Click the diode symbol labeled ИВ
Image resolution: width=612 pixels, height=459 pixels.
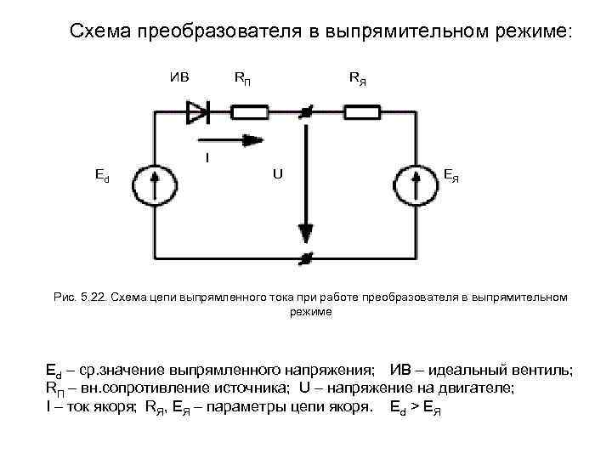pyautogui.click(x=196, y=110)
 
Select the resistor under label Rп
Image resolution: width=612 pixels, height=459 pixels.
pyautogui.click(x=250, y=110)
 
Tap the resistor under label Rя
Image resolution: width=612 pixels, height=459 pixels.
pyautogui.click(x=361, y=110)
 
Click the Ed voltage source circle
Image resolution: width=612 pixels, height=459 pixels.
pyautogui.click(x=154, y=182)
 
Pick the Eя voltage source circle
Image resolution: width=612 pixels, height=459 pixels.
pyautogui.click(x=416, y=182)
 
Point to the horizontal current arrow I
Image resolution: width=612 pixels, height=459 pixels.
pyautogui.click(x=226, y=139)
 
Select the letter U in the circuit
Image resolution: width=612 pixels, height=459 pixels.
pyautogui.click(x=277, y=174)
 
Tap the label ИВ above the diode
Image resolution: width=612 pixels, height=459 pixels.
pyautogui.click(x=180, y=77)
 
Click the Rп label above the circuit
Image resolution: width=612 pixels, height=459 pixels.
pyautogui.click(x=242, y=79)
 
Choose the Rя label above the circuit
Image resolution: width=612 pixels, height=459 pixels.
pyautogui.click(x=358, y=79)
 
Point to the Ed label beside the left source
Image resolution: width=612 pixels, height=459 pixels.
pyautogui.click(x=101, y=176)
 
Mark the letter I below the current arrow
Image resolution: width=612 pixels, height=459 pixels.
pyautogui.click(x=207, y=158)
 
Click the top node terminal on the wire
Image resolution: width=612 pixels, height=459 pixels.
pyautogui.click(x=304, y=111)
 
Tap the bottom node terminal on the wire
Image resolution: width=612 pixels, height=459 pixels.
pyautogui.click(x=304, y=256)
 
